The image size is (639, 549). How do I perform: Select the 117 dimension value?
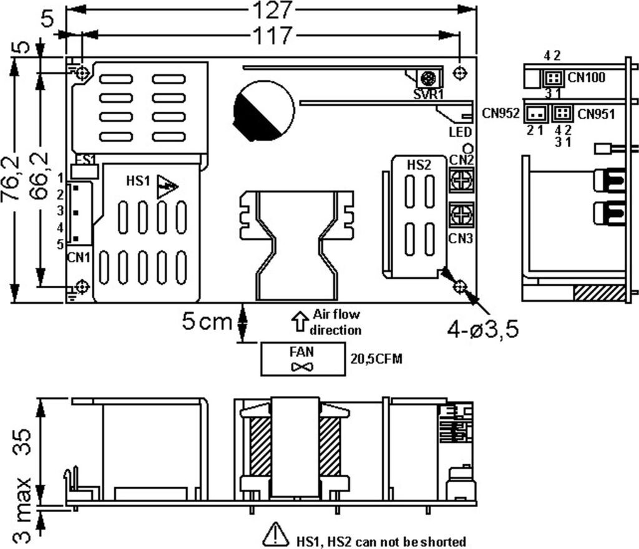coord(273,36)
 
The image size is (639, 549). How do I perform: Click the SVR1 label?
coord(427,94)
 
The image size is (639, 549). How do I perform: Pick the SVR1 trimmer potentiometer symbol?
coord(428,79)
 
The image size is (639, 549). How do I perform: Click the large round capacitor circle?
coord(263,111)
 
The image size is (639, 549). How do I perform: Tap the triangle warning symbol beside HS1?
coord(167,186)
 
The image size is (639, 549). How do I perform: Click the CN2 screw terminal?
coord(460,182)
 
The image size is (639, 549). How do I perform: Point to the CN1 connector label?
coord(77,256)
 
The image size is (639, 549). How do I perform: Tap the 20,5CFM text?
coord(375,359)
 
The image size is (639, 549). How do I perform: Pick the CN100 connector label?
coord(583,78)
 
